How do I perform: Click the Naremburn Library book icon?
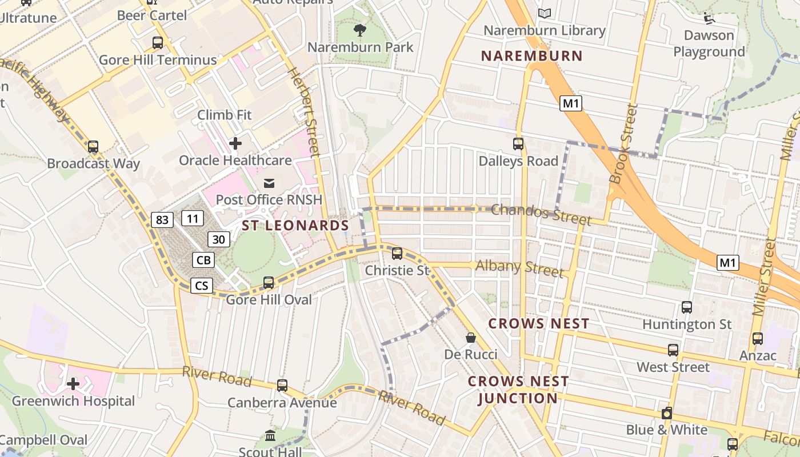(545, 13)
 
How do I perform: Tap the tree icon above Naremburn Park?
(359, 30)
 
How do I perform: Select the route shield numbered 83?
(163, 219)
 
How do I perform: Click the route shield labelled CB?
(203, 260)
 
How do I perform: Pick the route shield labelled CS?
(202, 285)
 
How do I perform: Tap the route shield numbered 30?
(219, 239)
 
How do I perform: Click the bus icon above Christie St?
(397, 253)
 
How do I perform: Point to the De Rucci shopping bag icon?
(470, 338)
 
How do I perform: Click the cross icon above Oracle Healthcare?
(235, 143)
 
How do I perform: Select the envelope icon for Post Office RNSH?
(269, 183)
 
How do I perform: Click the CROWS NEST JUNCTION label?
(518, 390)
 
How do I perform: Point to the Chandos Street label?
(541, 214)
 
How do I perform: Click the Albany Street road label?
(519, 267)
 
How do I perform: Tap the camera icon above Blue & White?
(666, 413)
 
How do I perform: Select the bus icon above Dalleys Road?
(518, 144)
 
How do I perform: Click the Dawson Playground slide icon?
(709, 18)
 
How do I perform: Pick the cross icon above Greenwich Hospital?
(73, 384)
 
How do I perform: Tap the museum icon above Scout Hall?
(270, 436)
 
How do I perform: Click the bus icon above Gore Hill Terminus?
(157, 43)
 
